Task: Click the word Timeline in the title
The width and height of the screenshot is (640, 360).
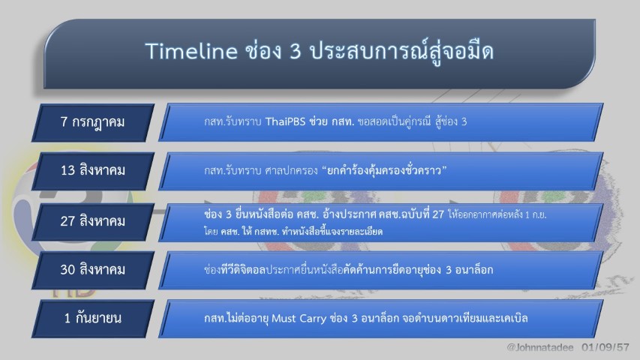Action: (x=191, y=51)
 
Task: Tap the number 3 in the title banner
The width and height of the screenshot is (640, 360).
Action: (x=296, y=52)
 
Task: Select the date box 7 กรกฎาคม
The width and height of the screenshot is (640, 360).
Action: (x=92, y=122)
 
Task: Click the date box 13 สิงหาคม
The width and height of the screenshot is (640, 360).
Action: (x=92, y=170)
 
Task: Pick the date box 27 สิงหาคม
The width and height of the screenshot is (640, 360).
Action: (x=92, y=222)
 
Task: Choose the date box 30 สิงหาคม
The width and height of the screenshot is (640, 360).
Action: (x=92, y=270)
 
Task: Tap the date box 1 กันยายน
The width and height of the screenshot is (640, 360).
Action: (x=92, y=318)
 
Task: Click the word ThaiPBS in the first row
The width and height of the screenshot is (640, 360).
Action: (x=285, y=121)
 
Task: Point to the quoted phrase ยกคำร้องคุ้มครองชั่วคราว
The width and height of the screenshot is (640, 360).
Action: (x=384, y=169)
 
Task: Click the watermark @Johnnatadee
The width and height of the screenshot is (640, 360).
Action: (x=540, y=348)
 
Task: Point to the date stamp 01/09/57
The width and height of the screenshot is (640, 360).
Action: (x=605, y=348)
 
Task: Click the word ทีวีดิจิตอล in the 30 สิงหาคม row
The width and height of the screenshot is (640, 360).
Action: (x=243, y=270)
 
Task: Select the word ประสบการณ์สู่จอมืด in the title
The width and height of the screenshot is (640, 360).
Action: (x=401, y=52)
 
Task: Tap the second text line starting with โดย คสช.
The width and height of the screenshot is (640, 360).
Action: (x=293, y=232)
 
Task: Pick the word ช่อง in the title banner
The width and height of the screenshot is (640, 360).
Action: (x=263, y=51)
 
